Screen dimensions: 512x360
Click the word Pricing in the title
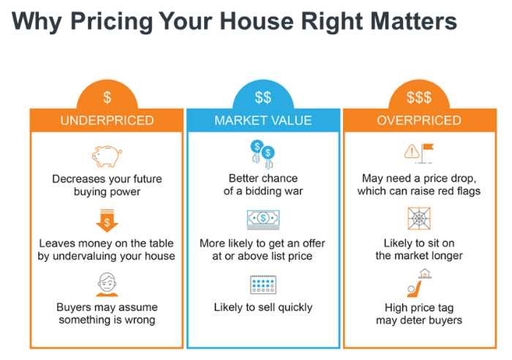click(x=111, y=22)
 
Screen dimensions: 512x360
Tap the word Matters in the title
click(x=414, y=21)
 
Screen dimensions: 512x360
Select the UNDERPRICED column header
click(x=107, y=121)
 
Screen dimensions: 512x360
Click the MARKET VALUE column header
click(x=263, y=121)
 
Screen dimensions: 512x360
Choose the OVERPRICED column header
click(x=419, y=121)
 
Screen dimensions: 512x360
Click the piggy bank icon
click(x=107, y=156)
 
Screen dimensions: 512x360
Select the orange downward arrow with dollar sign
click(x=107, y=220)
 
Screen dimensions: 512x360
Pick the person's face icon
click(x=107, y=284)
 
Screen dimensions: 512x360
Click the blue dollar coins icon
click(x=263, y=154)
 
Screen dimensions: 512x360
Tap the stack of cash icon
click(x=263, y=220)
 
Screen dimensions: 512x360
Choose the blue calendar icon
click(x=263, y=285)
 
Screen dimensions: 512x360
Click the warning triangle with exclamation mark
click(x=412, y=151)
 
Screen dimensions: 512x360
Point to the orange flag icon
click(x=426, y=153)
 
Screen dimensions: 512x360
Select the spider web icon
click(x=419, y=218)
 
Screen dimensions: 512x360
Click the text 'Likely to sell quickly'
click(x=263, y=307)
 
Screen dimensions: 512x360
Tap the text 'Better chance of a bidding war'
click(x=263, y=184)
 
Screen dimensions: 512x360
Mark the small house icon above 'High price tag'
click(x=425, y=274)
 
